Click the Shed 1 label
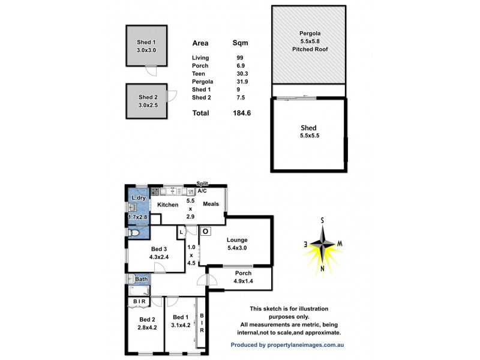(x=146, y=42)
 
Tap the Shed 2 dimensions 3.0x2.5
(x=148, y=105)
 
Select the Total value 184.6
(x=241, y=113)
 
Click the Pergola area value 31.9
(x=239, y=82)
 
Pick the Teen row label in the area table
(x=199, y=74)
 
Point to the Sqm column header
(x=240, y=43)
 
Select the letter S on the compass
(x=322, y=220)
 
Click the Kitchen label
(x=168, y=205)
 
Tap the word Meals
(x=211, y=204)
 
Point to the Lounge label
(x=237, y=240)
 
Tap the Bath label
(x=142, y=279)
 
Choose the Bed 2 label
(x=148, y=320)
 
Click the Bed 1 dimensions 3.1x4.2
(x=181, y=326)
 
